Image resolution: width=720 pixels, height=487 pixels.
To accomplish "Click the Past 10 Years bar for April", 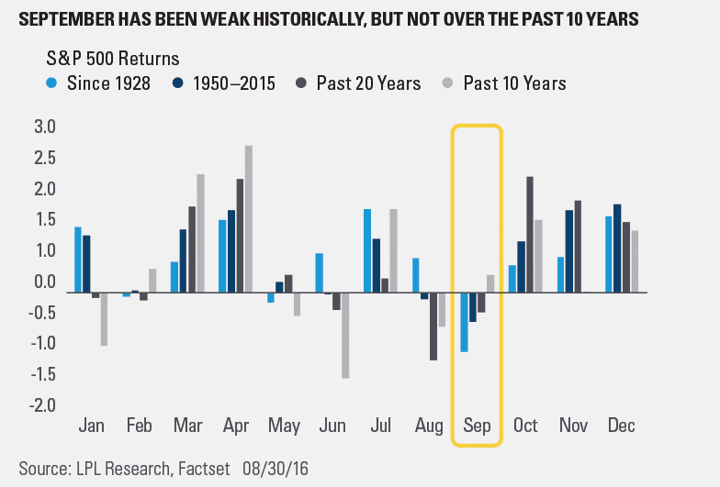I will pos(249,219).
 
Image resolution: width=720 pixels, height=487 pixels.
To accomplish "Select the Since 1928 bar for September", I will pos(465,322).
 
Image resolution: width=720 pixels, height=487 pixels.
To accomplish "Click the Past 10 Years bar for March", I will pos(201,234).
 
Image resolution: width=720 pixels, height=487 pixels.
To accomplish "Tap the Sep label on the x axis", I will pos(477,426).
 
